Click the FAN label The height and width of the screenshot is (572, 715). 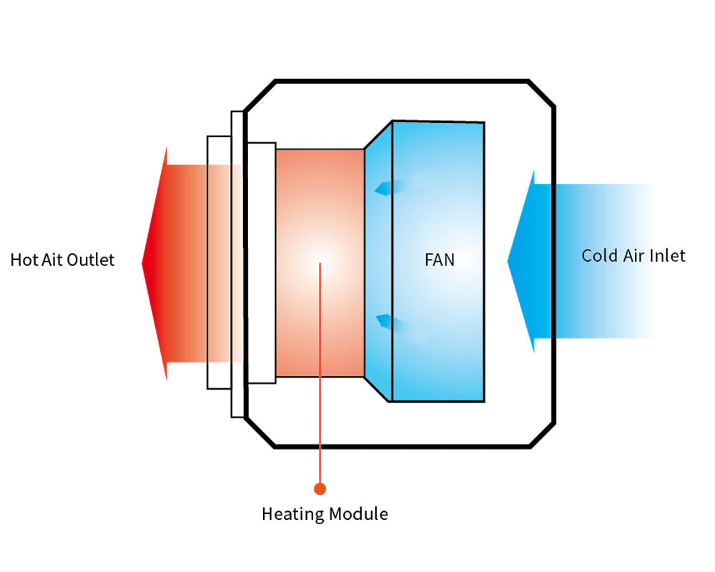point(439,260)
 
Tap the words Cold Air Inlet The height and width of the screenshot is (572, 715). point(633,255)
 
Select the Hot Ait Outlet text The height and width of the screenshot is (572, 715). point(62,260)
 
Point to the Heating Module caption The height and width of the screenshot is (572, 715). point(325,513)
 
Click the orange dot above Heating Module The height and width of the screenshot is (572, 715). point(320,489)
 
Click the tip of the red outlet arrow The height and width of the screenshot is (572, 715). point(144,263)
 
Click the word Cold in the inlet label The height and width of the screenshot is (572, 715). point(598,255)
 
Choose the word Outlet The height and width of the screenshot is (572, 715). point(91,260)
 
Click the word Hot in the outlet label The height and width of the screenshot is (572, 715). point(23,260)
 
